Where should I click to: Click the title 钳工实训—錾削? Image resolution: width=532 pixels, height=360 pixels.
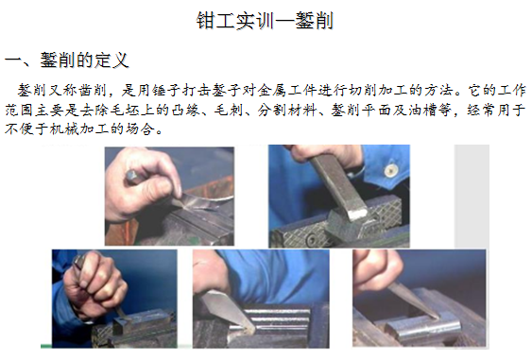click(x=265, y=21)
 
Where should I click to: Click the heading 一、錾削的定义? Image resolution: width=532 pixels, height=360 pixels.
click(x=66, y=60)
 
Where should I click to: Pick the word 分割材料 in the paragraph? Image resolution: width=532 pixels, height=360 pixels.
click(x=287, y=110)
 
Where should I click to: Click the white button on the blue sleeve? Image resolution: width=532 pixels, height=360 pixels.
click(x=391, y=170)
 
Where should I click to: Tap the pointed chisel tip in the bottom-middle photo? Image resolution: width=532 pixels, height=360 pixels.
click(x=251, y=329)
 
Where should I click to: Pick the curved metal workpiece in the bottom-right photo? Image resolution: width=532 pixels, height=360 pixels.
click(x=424, y=328)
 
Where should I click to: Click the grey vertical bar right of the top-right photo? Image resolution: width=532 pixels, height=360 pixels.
click(x=472, y=197)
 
